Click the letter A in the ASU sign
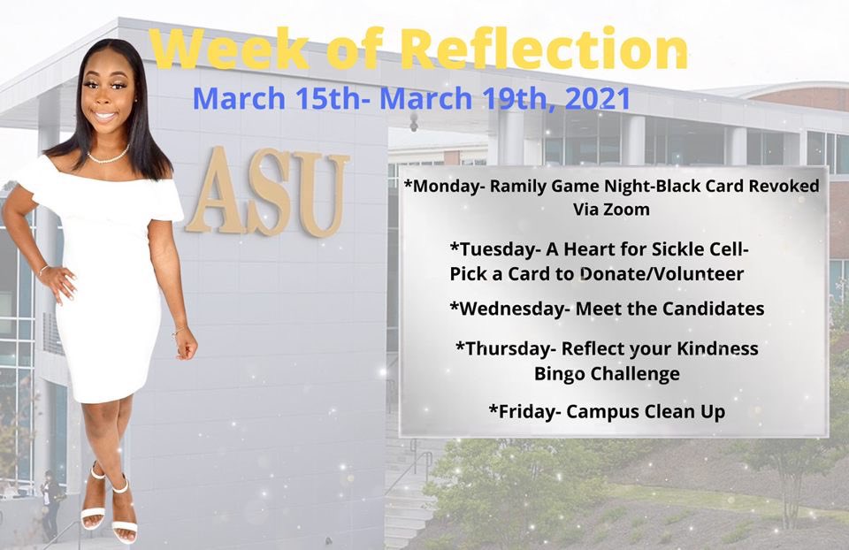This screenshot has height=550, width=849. [210, 191]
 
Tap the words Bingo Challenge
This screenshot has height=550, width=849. [607, 373]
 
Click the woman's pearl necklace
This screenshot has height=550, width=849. [108, 157]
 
